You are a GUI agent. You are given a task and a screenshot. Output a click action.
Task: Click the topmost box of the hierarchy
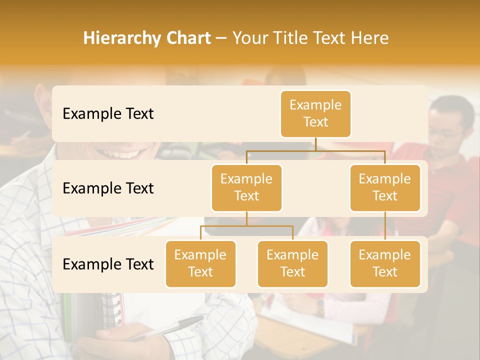(315, 113)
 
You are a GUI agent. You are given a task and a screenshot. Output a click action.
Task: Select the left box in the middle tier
(246, 187)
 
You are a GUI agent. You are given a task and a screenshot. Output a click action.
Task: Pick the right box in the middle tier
(385, 187)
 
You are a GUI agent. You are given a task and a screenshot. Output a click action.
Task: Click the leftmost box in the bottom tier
(200, 263)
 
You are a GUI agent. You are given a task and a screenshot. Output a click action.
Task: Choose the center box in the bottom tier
(292, 263)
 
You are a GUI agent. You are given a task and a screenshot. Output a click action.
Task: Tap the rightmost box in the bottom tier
(385, 263)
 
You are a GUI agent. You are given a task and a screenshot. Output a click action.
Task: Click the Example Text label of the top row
(108, 114)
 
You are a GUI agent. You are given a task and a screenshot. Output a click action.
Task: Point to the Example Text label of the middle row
(108, 188)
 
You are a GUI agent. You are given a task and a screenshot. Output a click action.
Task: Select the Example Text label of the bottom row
(108, 264)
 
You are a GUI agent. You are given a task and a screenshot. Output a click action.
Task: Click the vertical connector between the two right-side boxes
(385, 226)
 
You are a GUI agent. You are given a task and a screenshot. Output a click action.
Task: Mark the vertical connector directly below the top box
(315, 144)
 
